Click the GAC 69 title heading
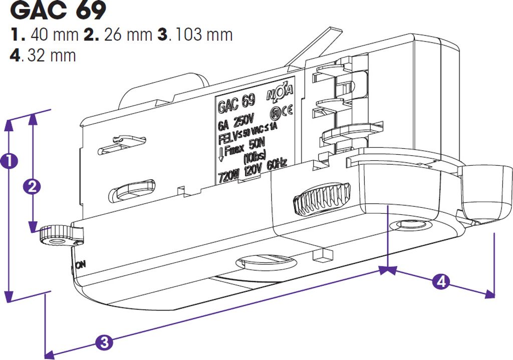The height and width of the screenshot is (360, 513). pos(58,11)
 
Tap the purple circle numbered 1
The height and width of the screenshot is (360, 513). pos(9,161)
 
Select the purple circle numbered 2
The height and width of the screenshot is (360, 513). pos(32,186)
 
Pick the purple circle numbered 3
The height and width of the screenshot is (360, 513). pos(104,342)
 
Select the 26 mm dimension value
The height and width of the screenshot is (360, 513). pos(121,35)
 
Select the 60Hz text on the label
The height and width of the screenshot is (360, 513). pos(277,164)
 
